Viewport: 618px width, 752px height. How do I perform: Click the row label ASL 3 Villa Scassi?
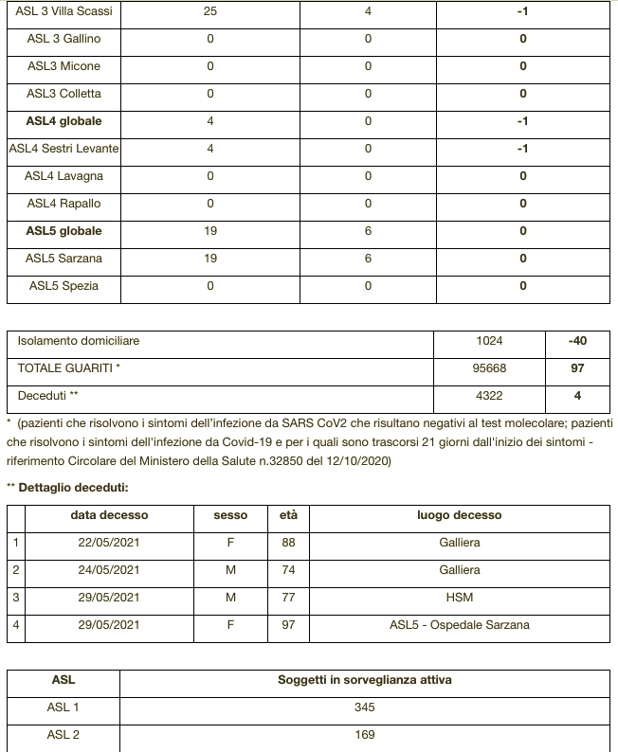point(64,11)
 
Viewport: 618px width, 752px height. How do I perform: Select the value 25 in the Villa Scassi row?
point(210,11)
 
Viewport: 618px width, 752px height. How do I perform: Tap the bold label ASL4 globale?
point(64,121)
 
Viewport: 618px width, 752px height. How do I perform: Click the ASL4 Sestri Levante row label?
point(64,149)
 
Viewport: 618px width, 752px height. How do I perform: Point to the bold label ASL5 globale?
point(64,231)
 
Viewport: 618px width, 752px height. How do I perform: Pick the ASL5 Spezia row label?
point(64,286)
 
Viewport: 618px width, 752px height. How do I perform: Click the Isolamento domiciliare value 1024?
point(490,341)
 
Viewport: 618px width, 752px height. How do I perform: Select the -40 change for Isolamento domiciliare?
point(577,341)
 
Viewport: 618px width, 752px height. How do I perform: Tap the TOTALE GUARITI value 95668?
point(490,368)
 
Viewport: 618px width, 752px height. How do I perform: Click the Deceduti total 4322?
point(490,396)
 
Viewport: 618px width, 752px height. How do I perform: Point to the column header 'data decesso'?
point(109,515)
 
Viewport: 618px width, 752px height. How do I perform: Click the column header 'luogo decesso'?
point(459,515)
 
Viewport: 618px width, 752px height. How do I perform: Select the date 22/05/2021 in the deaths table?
point(109,543)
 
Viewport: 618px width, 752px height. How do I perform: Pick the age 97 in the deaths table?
point(288,625)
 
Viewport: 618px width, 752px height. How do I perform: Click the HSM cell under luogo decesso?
point(459,598)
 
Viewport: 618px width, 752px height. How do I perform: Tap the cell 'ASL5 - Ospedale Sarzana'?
point(459,625)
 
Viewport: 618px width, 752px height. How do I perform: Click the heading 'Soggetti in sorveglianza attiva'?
point(365,680)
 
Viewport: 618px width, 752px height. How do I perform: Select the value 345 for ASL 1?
point(365,707)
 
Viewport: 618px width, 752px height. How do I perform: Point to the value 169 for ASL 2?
point(365,735)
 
